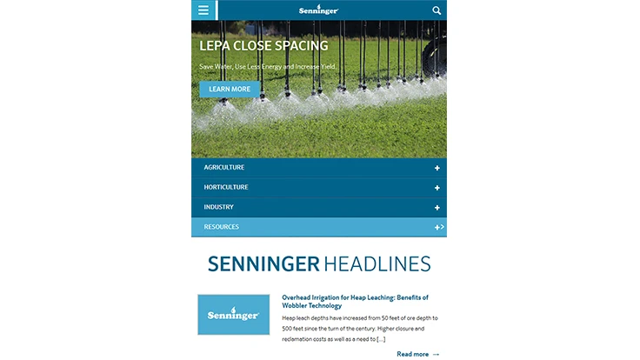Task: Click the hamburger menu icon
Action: [x=203, y=10]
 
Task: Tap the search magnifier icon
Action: [x=437, y=10]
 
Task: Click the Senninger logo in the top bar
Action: [x=318, y=10]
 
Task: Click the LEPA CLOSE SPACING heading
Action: [x=263, y=46]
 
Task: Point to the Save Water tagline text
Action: [x=267, y=67]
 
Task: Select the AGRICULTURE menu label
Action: [x=224, y=167]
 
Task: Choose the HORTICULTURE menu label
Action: [x=226, y=187]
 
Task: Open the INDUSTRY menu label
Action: [x=219, y=207]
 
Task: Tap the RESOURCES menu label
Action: [x=222, y=227]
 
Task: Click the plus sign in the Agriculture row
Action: [x=437, y=168]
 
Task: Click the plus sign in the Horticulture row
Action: [x=437, y=188]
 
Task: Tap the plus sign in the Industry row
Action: [x=437, y=208]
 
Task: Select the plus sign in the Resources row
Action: [x=437, y=227]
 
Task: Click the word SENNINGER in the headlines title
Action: [x=263, y=263]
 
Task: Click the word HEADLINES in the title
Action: [x=377, y=263]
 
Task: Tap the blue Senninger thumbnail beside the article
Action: [x=233, y=315]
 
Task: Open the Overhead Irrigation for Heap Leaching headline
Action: [x=355, y=302]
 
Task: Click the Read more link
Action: [x=412, y=354]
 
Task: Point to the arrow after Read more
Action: [x=436, y=354]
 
